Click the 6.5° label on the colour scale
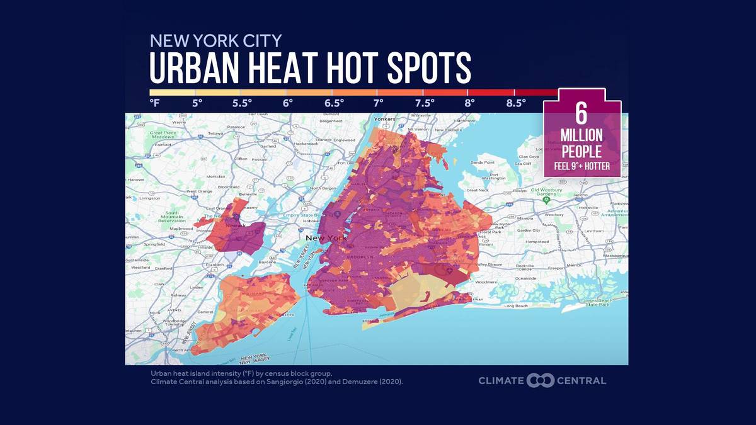(x=334, y=103)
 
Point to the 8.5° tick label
(x=516, y=103)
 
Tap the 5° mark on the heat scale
(x=197, y=103)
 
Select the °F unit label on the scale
(x=154, y=103)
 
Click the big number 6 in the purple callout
(x=581, y=113)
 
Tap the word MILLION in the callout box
(x=581, y=135)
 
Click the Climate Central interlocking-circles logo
(x=540, y=380)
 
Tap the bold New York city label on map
(x=326, y=238)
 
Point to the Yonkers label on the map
(x=384, y=118)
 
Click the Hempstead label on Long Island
(x=537, y=241)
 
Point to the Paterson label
(x=236, y=127)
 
